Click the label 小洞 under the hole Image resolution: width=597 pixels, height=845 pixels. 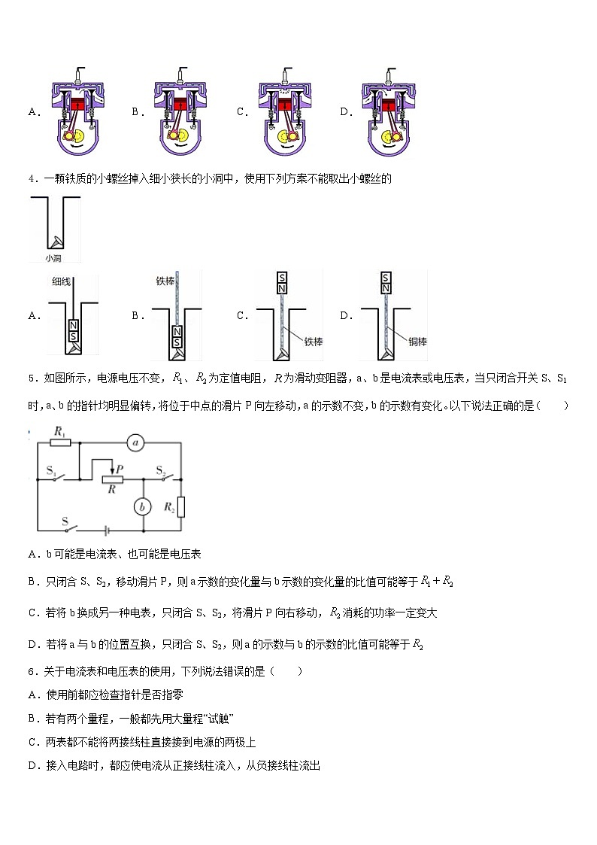(x=53, y=257)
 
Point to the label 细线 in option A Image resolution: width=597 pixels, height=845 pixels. (x=62, y=281)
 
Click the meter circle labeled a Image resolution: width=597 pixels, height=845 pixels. (x=136, y=443)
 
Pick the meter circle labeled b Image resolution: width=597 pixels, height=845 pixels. (x=142, y=507)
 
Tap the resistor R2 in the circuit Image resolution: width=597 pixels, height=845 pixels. (x=182, y=507)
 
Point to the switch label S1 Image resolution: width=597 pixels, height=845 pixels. (x=51, y=470)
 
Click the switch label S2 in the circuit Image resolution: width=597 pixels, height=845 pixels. (x=161, y=470)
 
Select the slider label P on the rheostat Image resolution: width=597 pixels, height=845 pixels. (x=120, y=468)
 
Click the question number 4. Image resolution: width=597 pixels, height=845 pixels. (x=31, y=179)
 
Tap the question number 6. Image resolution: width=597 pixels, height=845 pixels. (x=31, y=671)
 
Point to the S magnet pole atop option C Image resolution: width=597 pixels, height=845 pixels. (x=281, y=277)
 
